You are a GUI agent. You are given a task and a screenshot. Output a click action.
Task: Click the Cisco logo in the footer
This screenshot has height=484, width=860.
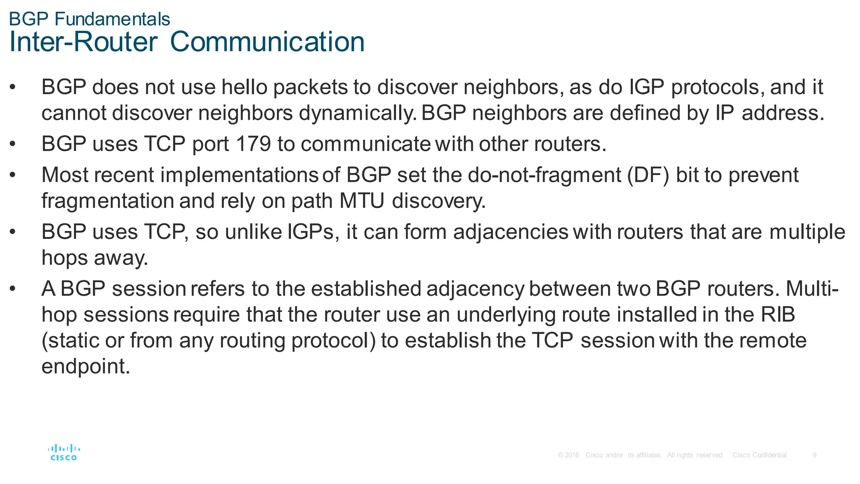[x=64, y=453]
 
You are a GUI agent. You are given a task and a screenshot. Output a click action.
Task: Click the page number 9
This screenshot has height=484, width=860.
[x=814, y=455]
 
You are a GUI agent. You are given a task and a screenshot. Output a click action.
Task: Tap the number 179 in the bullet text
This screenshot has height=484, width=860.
[x=253, y=144]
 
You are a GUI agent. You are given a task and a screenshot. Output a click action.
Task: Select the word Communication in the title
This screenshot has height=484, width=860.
[x=267, y=42]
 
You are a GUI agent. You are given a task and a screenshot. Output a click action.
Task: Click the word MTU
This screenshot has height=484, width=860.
[x=362, y=201]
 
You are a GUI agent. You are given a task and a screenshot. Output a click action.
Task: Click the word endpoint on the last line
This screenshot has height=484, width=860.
[x=86, y=366]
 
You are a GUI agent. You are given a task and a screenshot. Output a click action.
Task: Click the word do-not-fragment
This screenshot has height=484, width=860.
[x=544, y=175]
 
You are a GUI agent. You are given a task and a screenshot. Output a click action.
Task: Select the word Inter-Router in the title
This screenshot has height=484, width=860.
[x=83, y=42]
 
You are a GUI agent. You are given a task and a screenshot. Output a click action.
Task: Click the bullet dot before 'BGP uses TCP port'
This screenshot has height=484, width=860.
[x=13, y=144]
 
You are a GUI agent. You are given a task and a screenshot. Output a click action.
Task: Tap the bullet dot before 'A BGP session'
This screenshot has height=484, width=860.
[x=13, y=289]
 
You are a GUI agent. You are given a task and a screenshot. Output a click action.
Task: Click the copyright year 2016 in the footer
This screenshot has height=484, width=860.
[x=572, y=455]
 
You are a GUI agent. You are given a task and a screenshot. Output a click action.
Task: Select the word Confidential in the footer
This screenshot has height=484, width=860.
[x=769, y=455]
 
